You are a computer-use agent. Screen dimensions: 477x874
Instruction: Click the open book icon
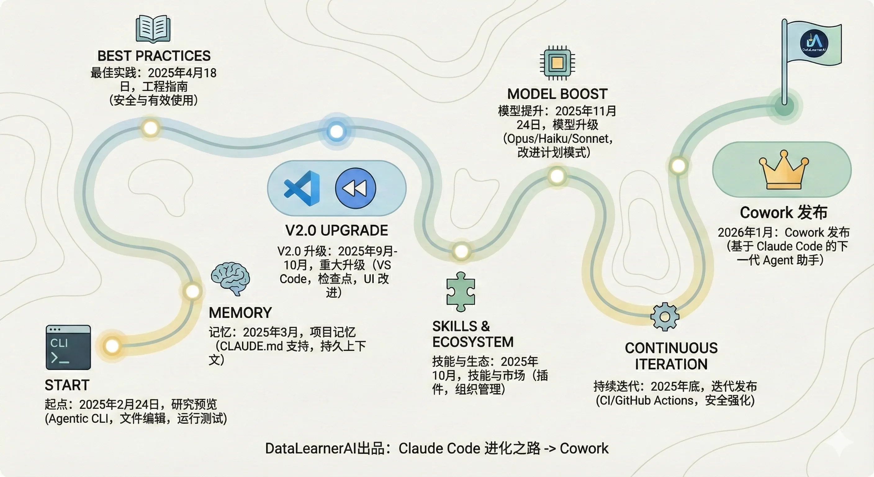click(x=153, y=29)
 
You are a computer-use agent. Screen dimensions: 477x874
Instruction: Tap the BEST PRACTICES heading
click(x=154, y=56)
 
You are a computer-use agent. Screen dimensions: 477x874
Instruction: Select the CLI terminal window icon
click(x=68, y=347)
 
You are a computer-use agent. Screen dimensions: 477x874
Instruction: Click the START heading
click(x=67, y=385)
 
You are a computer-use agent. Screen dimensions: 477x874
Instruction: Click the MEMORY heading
click(x=240, y=313)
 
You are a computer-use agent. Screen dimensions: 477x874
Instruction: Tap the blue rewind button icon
click(x=355, y=189)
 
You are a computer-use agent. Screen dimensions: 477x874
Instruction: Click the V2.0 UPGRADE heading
click(x=336, y=231)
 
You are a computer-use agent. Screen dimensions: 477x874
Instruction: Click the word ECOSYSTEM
click(x=473, y=342)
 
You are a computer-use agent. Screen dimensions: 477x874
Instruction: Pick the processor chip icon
click(x=557, y=63)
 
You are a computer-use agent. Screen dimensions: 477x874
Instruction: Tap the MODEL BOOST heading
click(x=557, y=94)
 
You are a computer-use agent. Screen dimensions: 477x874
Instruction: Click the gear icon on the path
click(x=665, y=317)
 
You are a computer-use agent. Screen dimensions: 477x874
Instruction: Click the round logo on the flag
click(x=814, y=43)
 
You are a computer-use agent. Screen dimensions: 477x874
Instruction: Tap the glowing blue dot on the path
click(x=336, y=131)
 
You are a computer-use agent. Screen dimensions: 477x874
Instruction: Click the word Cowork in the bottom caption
click(x=584, y=448)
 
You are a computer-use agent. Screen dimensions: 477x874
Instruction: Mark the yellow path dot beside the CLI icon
click(x=112, y=346)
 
